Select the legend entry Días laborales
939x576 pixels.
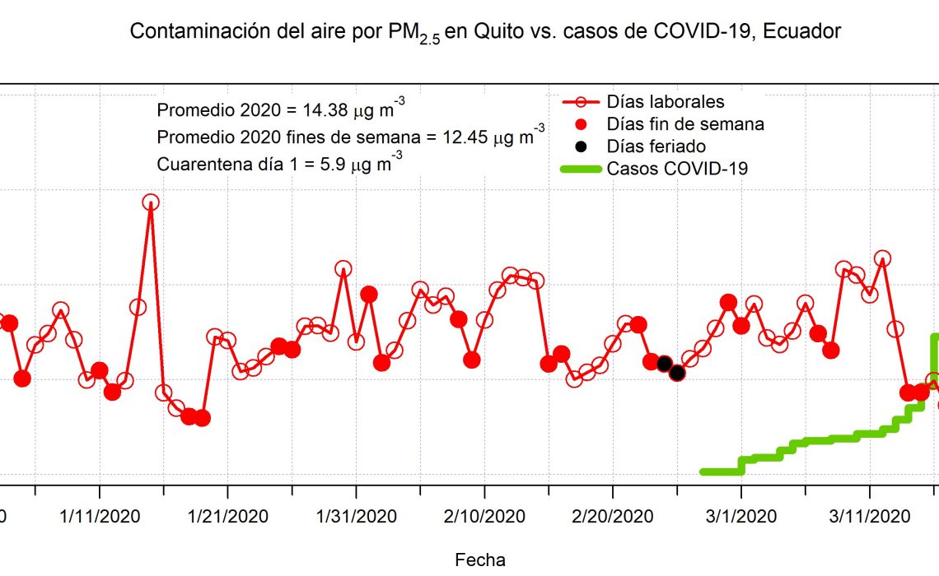coord(665,102)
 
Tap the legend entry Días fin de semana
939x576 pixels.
coord(684,124)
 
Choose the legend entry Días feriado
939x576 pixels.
coord(656,146)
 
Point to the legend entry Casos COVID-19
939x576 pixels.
coord(676,169)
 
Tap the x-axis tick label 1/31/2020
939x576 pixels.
coord(356,517)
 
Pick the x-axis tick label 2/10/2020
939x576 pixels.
coord(484,517)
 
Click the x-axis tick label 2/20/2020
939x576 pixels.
coord(613,517)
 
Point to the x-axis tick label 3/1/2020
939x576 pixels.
coord(741,517)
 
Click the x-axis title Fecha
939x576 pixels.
coord(480,560)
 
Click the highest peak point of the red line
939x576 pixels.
coord(151,202)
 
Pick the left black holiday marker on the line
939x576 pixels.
coord(664,364)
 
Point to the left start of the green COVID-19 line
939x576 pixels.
coord(703,472)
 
